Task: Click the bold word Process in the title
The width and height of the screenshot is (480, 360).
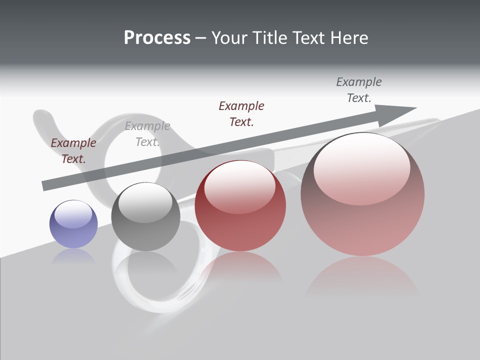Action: click(x=157, y=38)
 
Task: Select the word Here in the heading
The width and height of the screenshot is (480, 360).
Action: click(x=349, y=38)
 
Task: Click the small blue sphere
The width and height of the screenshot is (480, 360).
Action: click(x=73, y=224)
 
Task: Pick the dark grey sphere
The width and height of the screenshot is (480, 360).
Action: click(x=145, y=217)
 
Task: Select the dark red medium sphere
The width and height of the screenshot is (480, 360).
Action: click(x=240, y=206)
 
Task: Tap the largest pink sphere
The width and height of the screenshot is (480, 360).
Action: click(x=362, y=194)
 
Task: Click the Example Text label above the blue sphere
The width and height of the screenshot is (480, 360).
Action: click(x=73, y=150)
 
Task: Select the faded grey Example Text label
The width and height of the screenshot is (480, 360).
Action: click(x=147, y=133)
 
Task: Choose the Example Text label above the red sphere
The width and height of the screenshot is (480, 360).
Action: click(x=241, y=113)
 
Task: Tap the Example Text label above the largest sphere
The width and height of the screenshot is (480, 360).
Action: click(x=359, y=89)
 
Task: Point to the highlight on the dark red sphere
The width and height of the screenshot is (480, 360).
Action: click(x=239, y=185)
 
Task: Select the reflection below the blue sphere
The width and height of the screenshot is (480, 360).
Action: click(x=73, y=256)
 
